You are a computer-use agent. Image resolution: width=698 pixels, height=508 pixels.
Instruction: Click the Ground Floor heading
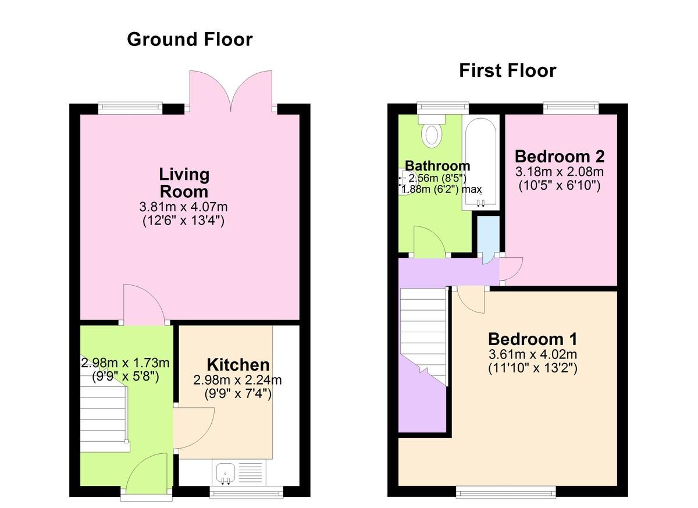coord(190,40)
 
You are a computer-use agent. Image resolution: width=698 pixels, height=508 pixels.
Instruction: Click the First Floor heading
coord(508,70)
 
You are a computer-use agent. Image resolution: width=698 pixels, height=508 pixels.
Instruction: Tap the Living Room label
coord(184,183)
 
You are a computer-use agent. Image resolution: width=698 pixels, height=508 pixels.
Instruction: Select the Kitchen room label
coord(238,365)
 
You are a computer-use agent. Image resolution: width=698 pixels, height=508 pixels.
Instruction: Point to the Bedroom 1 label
coord(533,339)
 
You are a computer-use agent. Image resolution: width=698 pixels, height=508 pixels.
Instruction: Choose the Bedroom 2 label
coord(560,157)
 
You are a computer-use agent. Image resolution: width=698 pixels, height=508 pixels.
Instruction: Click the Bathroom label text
coord(437,166)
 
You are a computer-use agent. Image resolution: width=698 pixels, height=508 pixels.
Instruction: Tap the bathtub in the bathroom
coord(481,163)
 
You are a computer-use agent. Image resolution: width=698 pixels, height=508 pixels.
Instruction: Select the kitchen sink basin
coord(226,473)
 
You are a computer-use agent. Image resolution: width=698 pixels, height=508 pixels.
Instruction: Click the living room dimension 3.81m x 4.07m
coord(184,207)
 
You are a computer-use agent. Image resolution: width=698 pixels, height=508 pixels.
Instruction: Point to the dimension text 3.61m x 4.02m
coord(533,354)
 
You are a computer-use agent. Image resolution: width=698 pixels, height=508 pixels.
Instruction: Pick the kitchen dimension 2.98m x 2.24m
coord(237,380)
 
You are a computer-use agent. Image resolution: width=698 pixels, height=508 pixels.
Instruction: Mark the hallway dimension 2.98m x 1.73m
coord(125,363)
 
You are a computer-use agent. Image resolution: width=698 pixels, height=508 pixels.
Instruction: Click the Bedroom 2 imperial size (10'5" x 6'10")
coord(560,186)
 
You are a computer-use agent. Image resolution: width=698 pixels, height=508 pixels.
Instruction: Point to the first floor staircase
coord(423,336)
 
